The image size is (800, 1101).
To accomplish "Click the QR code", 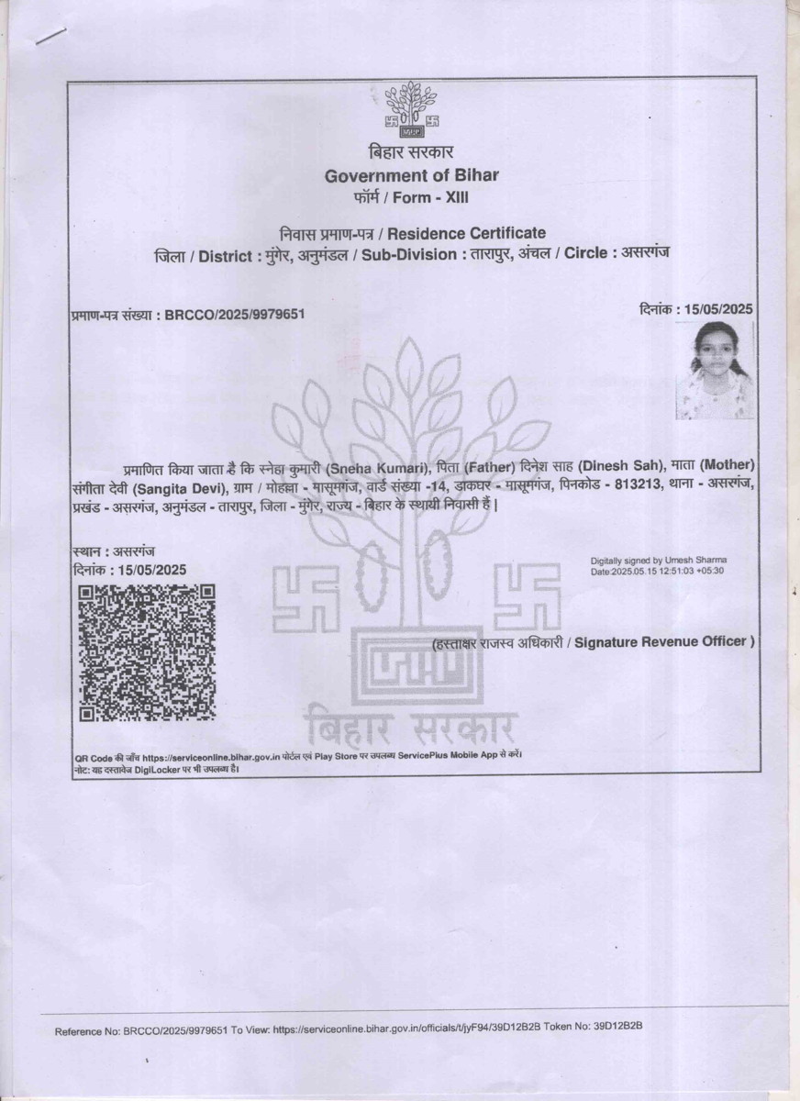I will (x=147, y=652).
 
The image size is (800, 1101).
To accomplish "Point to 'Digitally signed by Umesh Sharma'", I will (x=661, y=560).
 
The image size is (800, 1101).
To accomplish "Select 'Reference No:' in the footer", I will (x=87, y=1031).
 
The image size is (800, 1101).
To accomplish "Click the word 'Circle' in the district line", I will (x=586, y=254).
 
